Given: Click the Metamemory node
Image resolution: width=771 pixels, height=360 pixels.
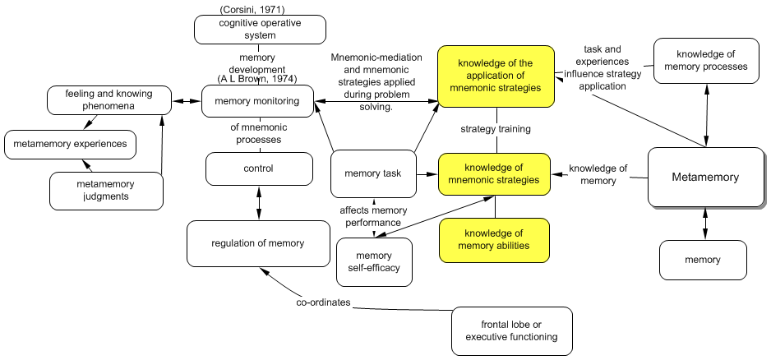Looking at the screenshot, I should tap(704, 177).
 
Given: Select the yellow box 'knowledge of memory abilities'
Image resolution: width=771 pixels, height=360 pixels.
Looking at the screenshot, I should tap(494, 240).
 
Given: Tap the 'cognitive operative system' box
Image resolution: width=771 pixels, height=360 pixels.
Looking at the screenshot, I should tap(259, 30).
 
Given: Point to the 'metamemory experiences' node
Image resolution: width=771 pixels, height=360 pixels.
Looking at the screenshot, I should tap(70, 145).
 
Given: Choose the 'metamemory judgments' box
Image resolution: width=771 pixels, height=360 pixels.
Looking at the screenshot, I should tap(105, 190).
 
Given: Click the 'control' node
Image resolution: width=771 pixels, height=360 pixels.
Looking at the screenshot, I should tap(259, 168).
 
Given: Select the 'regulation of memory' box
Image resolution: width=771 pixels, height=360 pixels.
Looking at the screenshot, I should tap(257, 243).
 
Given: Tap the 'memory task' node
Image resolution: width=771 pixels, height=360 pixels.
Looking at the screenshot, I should tap(373, 174).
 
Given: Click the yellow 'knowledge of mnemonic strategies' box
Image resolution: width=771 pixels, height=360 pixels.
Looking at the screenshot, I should tap(494, 173).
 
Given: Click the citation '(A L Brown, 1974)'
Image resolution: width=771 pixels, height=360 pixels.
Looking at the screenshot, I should tap(257, 79).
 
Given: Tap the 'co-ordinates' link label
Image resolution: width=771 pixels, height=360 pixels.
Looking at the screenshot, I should tap(323, 302).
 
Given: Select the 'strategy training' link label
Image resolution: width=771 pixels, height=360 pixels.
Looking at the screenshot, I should tap(495, 129).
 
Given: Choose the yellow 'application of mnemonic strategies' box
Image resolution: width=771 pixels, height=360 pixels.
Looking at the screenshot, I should tap(494, 76).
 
